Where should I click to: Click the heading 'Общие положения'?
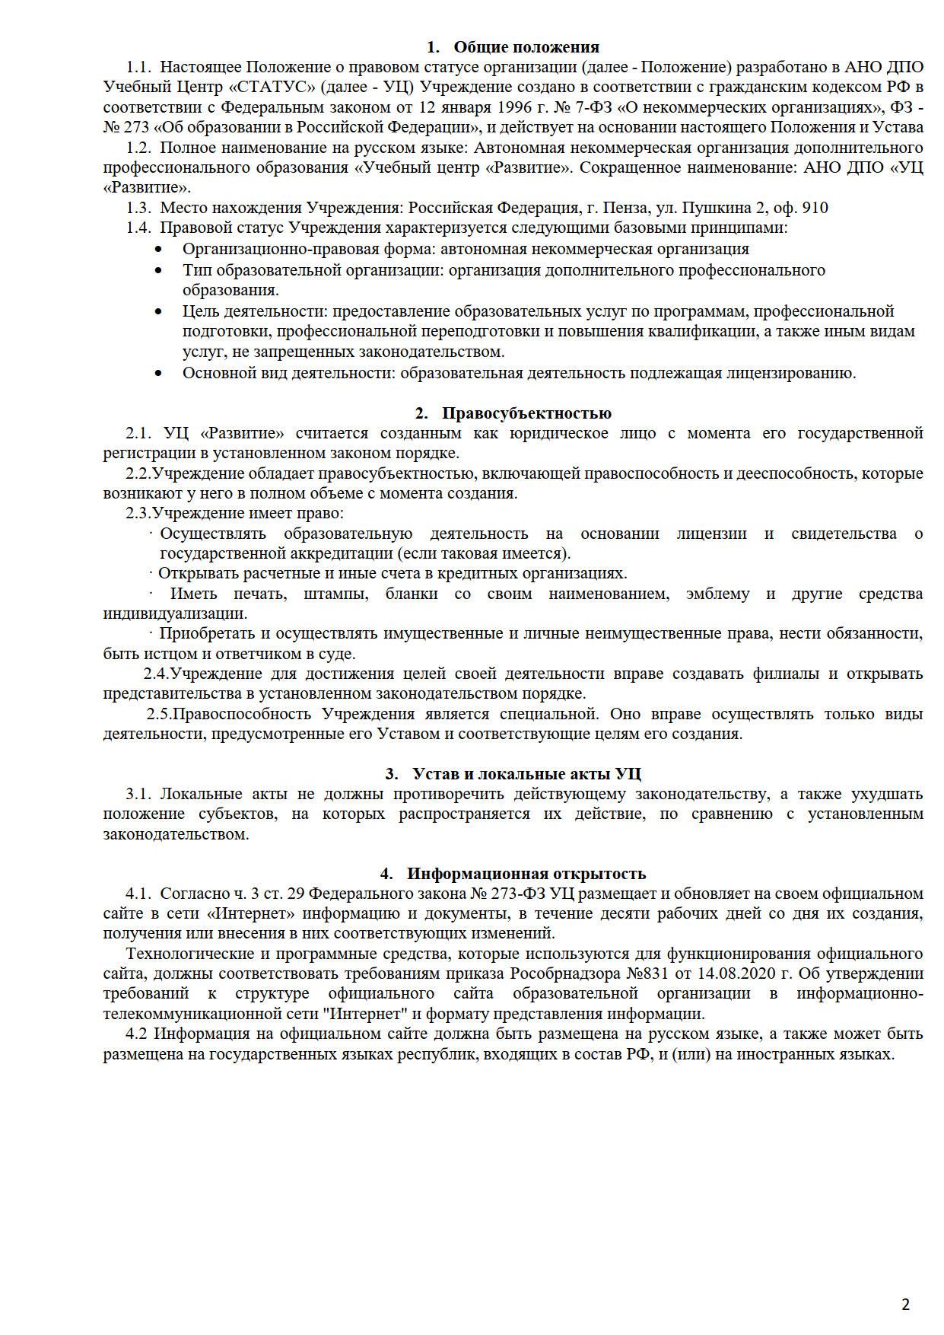[526, 47]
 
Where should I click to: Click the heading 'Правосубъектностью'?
[526, 413]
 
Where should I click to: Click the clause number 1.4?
[139, 228]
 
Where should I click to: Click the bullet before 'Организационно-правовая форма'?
[158, 250]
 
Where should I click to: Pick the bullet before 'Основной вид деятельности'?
[158, 374]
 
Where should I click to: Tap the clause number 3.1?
[140, 794]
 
